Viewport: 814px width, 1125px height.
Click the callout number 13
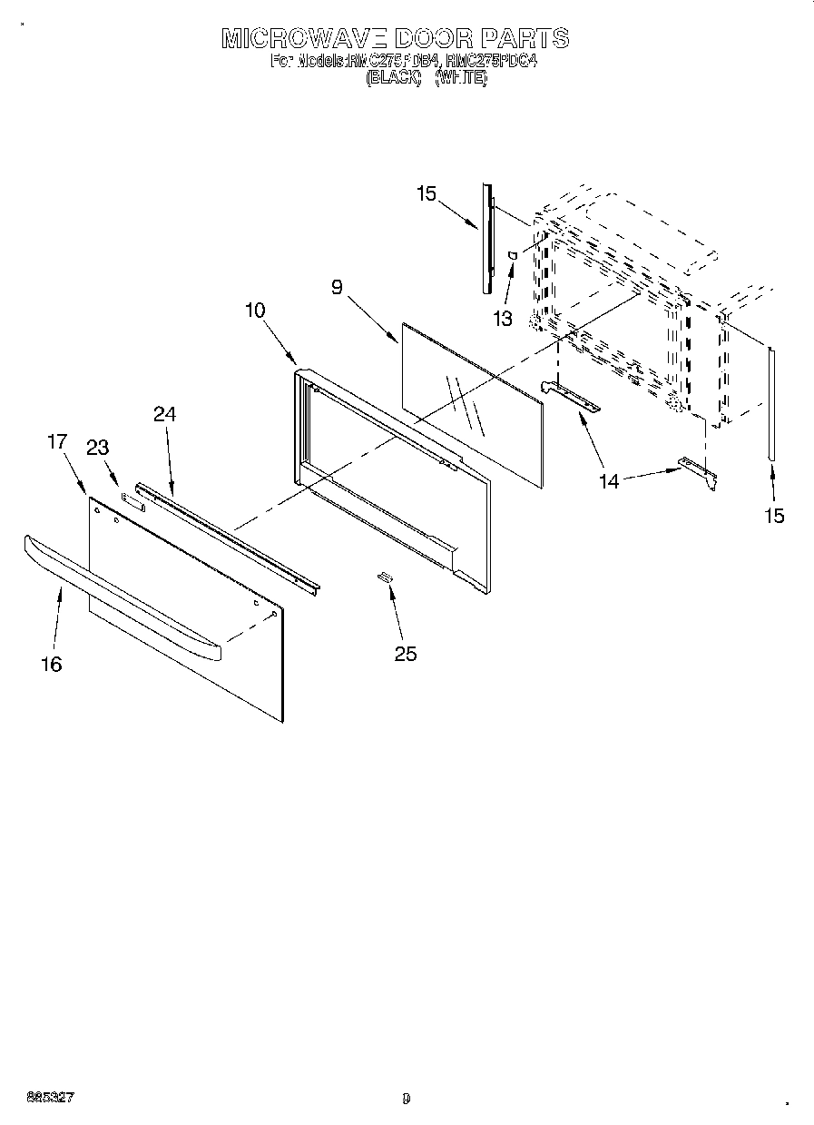click(502, 319)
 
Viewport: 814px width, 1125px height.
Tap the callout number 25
click(406, 653)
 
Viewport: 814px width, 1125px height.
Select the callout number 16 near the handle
click(52, 665)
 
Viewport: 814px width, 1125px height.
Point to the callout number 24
click(164, 414)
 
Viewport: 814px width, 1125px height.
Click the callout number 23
click(97, 447)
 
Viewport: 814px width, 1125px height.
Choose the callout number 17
click(57, 442)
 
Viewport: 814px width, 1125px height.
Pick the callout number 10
click(255, 310)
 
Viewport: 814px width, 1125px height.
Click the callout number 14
click(609, 481)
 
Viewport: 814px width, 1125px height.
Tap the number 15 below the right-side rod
click(773, 516)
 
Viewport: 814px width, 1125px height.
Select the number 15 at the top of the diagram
click(427, 193)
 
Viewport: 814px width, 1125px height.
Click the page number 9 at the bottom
click(407, 1099)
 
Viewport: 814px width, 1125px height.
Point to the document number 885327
click(50, 1098)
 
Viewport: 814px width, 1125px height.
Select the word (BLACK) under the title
click(393, 78)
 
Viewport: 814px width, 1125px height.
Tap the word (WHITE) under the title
click(461, 78)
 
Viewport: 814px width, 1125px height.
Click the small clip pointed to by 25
click(385, 576)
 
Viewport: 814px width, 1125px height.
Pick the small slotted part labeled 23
click(132, 499)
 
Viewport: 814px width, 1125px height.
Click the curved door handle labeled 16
click(118, 595)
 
